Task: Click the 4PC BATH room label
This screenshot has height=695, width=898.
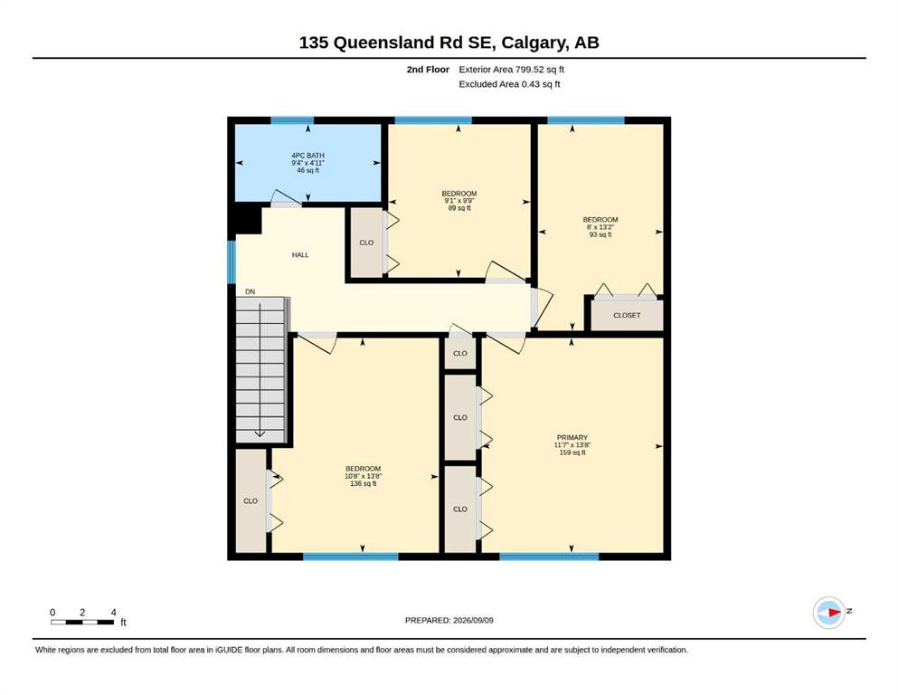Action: pos(308,156)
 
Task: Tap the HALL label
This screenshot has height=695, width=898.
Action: pos(300,255)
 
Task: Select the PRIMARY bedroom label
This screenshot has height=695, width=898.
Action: pos(572,437)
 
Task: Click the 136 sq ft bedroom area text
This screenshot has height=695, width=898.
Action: pos(364,483)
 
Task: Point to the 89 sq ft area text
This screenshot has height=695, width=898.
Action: pos(459,208)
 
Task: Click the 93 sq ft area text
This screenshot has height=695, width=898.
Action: pos(600,234)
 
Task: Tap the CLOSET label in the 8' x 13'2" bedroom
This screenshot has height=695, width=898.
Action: pos(627,315)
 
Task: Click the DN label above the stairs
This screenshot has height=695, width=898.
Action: pos(250,291)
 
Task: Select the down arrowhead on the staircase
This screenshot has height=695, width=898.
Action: pos(260,433)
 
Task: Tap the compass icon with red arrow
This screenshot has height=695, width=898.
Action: pos(829,612)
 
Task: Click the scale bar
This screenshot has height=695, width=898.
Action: pos(82,623)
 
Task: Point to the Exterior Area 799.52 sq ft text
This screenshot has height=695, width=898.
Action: pos(512,70)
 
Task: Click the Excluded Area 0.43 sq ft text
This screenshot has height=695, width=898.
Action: pos(509,84)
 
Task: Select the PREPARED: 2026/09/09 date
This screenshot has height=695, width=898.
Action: pos(449,620)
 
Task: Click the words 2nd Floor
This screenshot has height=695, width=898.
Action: pos(428,70)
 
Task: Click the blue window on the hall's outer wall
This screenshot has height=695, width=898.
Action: pos(232,262)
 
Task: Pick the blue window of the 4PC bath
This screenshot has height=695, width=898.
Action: pos(292,120)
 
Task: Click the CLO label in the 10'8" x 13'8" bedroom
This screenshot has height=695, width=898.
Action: pos(250,500)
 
